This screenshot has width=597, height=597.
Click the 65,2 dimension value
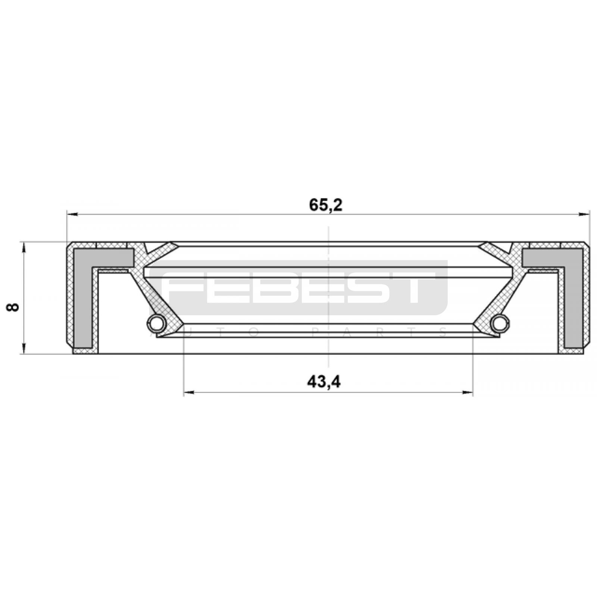click(325, 205)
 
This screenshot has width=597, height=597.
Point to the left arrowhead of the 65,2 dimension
click(72, 214)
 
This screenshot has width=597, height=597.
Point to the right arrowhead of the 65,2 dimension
click(584, 214)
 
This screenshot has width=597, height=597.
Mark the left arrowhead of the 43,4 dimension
click(190, 393)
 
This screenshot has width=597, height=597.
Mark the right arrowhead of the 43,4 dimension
click(468, 393)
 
